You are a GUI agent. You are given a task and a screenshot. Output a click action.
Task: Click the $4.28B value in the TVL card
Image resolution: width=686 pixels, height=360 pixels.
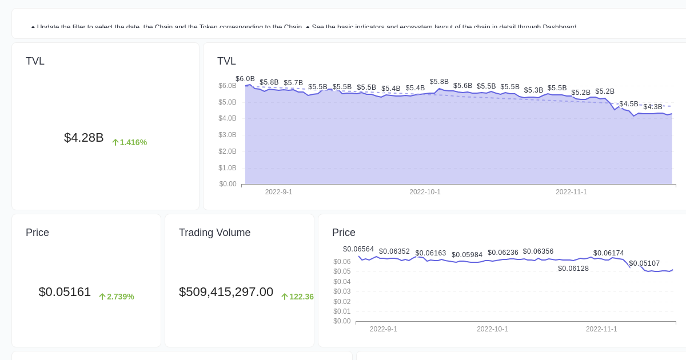[x=83, y=138]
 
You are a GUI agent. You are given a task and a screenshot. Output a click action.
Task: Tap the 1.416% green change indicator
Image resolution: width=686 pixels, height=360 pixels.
[x=129, y=142]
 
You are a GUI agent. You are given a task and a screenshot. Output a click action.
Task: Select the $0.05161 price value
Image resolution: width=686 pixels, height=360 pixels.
[x=65, y=292]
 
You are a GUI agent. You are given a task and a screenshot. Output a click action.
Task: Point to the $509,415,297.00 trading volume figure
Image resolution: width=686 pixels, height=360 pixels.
[x=226, y=292]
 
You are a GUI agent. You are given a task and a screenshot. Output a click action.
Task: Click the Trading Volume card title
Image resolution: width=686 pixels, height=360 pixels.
[x=214, y=233]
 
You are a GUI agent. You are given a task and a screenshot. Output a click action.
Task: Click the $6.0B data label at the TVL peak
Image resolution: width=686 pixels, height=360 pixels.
[x=245, y=79]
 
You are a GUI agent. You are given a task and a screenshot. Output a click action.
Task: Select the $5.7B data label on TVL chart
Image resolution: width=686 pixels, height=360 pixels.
[x=293, y=83]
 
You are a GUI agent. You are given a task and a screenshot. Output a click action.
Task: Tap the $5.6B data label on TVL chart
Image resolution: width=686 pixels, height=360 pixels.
[x=463, y=86]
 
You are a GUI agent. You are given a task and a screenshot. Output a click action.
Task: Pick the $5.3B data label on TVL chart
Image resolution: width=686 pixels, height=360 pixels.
[x=533, y=90]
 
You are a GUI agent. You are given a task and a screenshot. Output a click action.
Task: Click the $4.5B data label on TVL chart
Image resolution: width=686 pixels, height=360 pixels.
[x=629, y=104]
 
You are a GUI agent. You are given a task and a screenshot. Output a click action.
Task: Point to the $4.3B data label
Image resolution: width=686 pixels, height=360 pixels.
[x=653, y=107]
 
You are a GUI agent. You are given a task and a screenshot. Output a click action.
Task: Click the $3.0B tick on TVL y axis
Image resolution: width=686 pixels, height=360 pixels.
[x=227, y=135]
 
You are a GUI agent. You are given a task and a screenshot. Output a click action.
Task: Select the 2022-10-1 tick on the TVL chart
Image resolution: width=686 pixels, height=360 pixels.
[x=425, y=192]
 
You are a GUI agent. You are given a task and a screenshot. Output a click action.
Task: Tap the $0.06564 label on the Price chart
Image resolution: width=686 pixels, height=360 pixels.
[x=358, y=249]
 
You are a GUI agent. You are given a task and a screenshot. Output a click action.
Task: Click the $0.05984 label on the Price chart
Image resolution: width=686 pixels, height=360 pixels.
[x=467, y=255]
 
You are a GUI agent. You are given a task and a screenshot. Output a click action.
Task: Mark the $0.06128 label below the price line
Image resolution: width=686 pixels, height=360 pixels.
[x=573, y=269]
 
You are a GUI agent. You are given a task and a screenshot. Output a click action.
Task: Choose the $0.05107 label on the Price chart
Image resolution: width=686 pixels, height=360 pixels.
[x=644, y=263]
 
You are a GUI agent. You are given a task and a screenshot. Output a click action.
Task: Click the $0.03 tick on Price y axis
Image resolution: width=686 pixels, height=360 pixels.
[x=342, y=291]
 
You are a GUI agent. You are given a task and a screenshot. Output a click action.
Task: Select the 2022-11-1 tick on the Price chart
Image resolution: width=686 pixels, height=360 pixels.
[x=601, y=329]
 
